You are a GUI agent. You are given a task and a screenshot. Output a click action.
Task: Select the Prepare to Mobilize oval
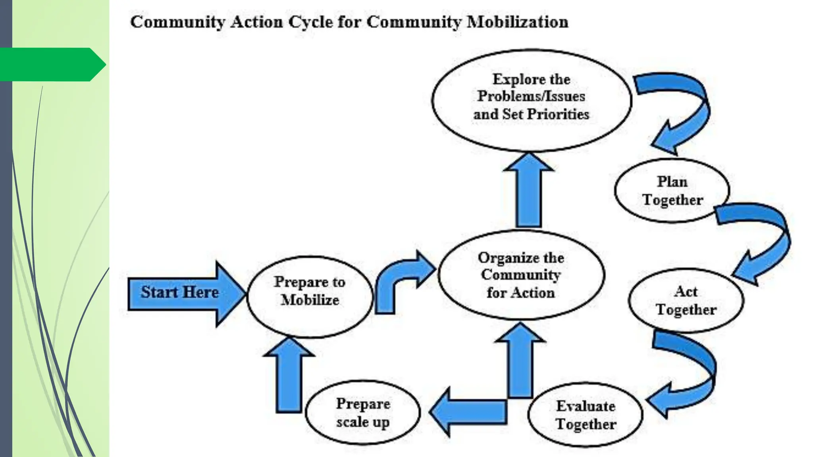click(x=310, y=298)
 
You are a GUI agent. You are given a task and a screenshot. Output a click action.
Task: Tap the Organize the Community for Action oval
click(x=521, y=275)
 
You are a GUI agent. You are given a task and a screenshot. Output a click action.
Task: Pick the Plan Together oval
click(x=672, y=190)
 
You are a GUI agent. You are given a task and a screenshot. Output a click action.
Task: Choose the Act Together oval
click(x=686, y=300)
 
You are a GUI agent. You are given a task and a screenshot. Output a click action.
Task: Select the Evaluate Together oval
click(x=585, y=415)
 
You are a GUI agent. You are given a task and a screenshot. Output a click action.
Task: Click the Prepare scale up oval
click(x=363, y=413)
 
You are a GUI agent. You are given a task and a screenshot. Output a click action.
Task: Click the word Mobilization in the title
click(x=517, y=22)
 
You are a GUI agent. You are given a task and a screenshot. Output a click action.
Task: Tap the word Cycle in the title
click(x=311, y=22)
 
